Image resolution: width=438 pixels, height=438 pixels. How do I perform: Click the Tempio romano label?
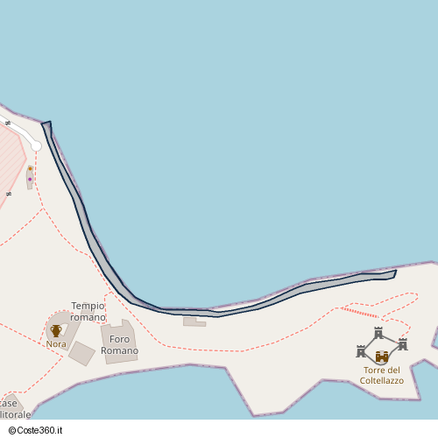click(x=88, y=311)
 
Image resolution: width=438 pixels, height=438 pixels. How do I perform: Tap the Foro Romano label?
click(x=119, y=345)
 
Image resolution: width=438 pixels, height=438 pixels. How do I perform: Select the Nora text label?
click(x=56, y=344)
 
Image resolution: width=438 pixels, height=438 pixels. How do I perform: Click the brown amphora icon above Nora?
click(x=56, y=330)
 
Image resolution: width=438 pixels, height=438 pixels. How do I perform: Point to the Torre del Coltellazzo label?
click(x=382, y=375)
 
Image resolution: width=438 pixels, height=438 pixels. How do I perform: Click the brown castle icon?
click(x=382, y=357)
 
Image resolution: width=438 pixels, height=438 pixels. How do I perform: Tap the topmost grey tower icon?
click(x=378, y=333)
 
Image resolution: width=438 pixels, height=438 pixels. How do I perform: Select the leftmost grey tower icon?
click(x=361, y=351)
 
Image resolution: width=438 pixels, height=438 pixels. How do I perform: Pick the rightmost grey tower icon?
click(x=403, y=343)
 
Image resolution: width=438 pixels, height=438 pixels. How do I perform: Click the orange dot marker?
click(x=30, y=168)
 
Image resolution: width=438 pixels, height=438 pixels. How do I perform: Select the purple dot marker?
click(x=30, y=180)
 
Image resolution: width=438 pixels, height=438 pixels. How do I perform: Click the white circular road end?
click(x=37, y=146)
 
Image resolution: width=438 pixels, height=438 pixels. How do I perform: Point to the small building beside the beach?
click(x=194, y=321)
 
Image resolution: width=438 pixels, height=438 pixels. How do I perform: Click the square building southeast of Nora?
click(x=81, y=353)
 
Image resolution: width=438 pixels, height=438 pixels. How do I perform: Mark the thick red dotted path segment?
click(x=359, y=312)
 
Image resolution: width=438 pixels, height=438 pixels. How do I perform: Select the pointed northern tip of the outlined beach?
click(x=47, y=124)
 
